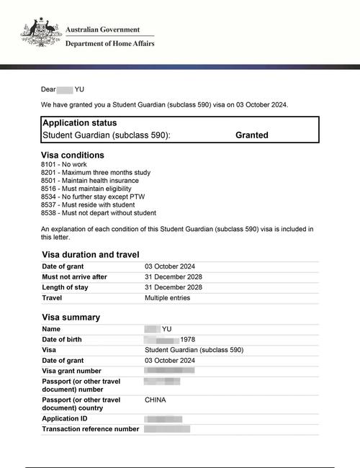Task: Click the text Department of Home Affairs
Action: point(109,43)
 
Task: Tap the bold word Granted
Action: point(252,135)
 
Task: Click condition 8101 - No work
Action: point(64,165)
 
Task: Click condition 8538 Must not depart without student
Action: point(99,213)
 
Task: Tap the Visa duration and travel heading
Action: point(90,254)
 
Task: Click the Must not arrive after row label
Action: point(74,277)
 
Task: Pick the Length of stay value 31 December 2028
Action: point(174,287)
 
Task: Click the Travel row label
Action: point(52,297)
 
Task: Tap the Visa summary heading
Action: point(71,318)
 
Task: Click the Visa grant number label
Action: point(73,371)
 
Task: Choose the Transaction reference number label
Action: point(91,429)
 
